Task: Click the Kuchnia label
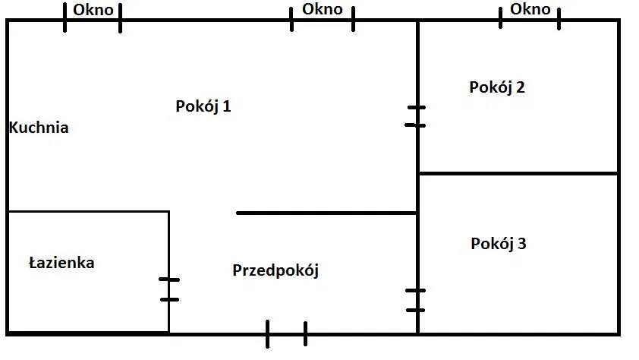pyautogui.click(x=39, y=128)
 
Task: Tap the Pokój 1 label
pyautogui.click(x=203, y=106)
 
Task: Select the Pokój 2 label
pyautogui.click(x=497, y=87)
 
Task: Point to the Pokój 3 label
pyautogui.click(x=499, y=244)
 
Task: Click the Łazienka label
pyautogui.click(x=61, y=263)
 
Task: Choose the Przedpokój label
pyautogui.click(x=275, y=270)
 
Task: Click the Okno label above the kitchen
pyautogui.click(x=93, y=10)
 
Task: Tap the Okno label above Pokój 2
pyautogui.click(x=530, y=9)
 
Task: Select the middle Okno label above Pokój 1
pyautogui.click(x=322, y=9)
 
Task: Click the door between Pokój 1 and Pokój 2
pyautogui.click(x=417, y=116)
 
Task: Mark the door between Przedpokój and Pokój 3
pyautogui.click(x=417, y=300)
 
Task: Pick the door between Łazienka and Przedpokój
pyautogui.click(x=168, y=289)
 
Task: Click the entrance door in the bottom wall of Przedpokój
pyautogui.click(x=286, y=333)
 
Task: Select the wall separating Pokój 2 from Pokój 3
pyautogui.click(x=518, y=174)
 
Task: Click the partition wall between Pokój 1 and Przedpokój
pyautogui.click(x=326, y=213)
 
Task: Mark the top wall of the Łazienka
pyautogui.click(x=87, y=212)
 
